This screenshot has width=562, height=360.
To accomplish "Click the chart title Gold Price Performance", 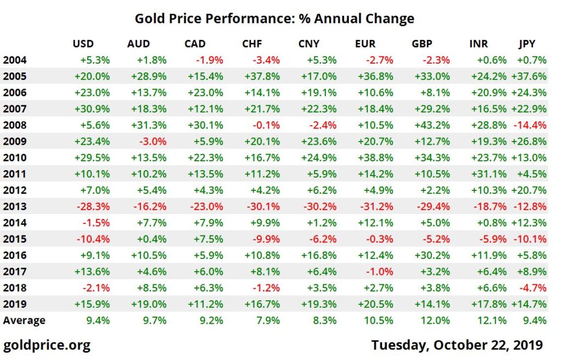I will [274, 18].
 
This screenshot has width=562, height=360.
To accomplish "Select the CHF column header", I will [252, 44].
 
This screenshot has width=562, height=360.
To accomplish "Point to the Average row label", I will [24, 320].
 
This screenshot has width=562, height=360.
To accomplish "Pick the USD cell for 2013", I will [93, 207].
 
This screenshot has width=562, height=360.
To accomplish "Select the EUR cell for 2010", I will [375, 158].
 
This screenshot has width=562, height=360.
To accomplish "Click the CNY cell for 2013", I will [319, 207].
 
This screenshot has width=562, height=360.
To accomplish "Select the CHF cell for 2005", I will [262, 76].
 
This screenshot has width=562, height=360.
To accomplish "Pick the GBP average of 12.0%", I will [437, 320].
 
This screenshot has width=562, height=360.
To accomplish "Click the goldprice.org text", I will [47, 345].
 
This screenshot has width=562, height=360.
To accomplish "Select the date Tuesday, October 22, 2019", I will [457, 345].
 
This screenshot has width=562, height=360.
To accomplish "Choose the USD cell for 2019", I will [93, 305].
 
